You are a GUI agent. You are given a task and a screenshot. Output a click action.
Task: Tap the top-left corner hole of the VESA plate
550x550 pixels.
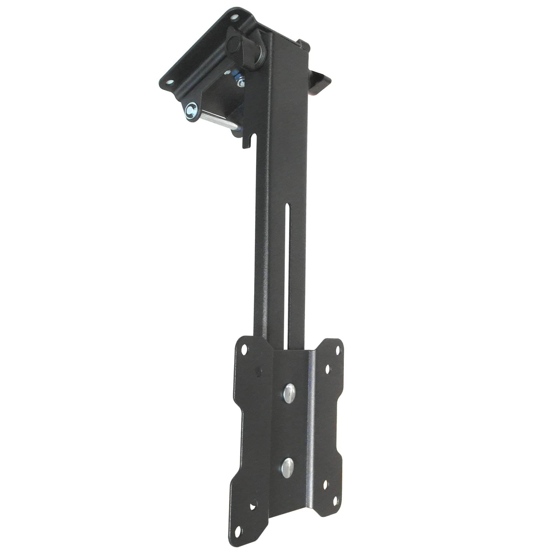point(244,350)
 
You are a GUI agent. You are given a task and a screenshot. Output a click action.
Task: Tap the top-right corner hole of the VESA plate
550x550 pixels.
point(337,350)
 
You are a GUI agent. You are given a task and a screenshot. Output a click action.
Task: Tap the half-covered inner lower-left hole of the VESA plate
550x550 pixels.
point(253,507)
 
